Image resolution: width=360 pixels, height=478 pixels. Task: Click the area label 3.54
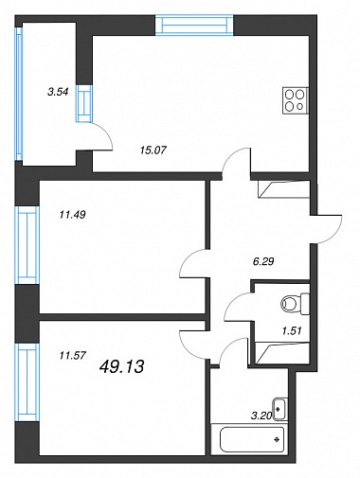tap(58, 92)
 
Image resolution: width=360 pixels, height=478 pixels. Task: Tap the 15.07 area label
tap(153, 150)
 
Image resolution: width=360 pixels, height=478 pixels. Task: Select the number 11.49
tap(72, 215)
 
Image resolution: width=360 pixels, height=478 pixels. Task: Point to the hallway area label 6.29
tap(263, 261)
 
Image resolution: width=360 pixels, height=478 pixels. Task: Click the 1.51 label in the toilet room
tap(292, 330)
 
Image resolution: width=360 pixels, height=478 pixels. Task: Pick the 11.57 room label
tap(72, 356)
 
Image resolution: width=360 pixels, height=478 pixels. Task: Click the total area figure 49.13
tap(121, 366)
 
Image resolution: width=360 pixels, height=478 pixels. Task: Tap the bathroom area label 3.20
tap(261, 416)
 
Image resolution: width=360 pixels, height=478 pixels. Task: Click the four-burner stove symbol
tap(295, 100)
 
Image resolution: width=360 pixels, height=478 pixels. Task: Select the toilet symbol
tap(295, 304)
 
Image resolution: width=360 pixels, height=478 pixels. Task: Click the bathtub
tap(247, 439)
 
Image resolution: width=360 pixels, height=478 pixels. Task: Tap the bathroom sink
tap(279, 409)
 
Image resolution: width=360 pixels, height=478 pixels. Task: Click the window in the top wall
tap(194, 25)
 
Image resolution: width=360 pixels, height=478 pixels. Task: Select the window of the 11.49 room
tap(27, 245)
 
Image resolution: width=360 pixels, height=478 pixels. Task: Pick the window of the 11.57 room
tap(27, 382)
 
